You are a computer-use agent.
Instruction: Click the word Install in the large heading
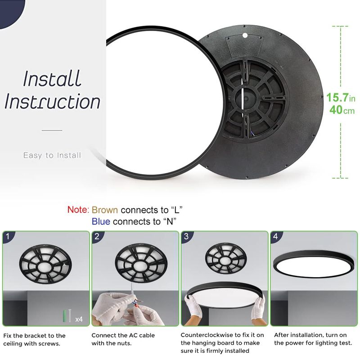(52, 78)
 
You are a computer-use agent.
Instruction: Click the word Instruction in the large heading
(52, 102)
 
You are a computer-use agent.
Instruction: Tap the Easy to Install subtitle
(52, 155)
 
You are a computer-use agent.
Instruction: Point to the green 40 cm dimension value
(342, 110)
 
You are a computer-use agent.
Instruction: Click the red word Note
(78, 210)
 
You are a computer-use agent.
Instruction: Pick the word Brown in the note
(105, 210)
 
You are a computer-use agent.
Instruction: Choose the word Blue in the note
(101, 221)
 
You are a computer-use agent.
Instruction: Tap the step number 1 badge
(8, 236)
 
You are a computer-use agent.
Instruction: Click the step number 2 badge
(97, 236)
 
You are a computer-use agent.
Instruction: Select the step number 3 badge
(186, 236)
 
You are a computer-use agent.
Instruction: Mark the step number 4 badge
(275, 236)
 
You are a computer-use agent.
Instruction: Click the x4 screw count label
(79, 319)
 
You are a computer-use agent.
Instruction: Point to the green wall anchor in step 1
(64, 316)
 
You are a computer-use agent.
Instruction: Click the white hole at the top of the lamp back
(245, 36)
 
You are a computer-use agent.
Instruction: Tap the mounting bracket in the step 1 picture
(45, 264)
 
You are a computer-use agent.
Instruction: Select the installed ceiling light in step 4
(314, 264)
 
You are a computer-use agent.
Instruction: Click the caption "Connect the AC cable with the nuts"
(123, 339)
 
